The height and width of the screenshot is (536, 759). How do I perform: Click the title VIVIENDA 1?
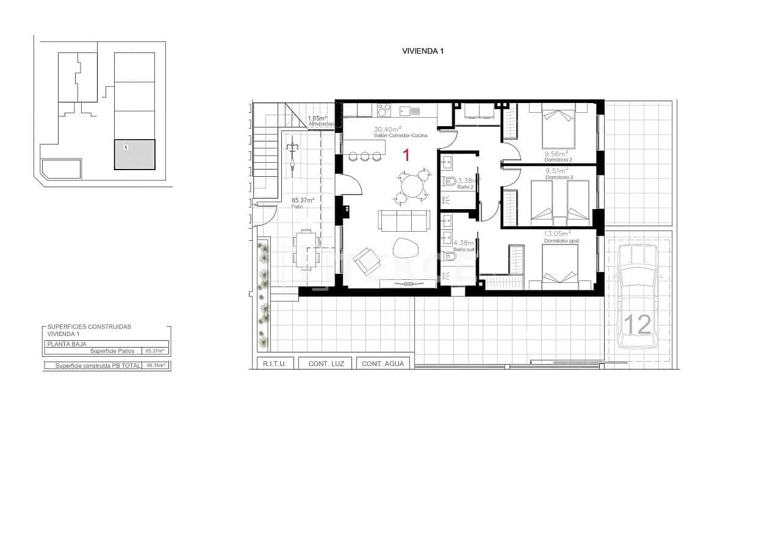422,51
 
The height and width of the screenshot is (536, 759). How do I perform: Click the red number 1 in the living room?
405,155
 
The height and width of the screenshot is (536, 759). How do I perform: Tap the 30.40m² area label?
387,129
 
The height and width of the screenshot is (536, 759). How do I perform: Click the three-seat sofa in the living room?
404,220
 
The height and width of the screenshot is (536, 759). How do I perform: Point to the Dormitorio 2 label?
558,160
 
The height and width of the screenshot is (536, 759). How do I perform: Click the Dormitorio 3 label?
558,177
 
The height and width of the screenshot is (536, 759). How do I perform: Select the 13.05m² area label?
557,233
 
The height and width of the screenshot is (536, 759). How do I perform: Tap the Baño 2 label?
466,187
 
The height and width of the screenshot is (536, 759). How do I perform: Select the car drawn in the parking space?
638,296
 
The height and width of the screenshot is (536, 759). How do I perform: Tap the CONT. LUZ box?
326,363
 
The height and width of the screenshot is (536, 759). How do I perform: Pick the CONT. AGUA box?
383,363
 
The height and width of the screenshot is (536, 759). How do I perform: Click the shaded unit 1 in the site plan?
135,154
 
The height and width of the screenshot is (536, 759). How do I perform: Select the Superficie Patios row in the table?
107,351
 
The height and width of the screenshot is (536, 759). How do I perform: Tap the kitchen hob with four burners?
384,110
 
